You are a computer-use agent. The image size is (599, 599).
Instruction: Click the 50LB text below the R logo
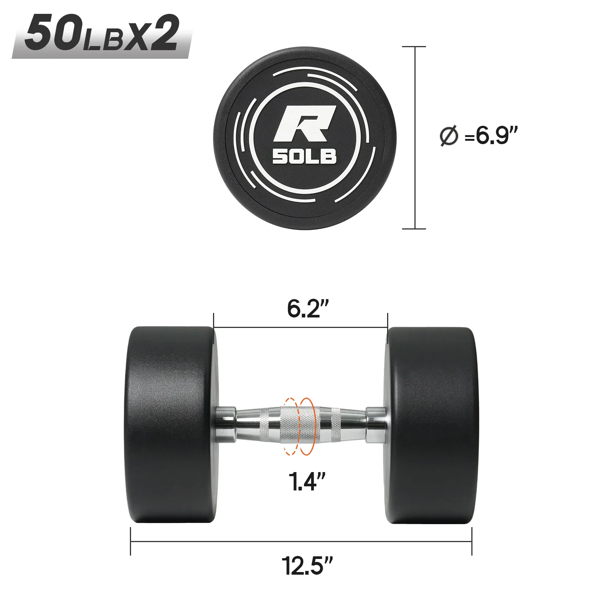pos(304,157)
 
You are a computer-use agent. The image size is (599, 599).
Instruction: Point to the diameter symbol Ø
pos(449,136)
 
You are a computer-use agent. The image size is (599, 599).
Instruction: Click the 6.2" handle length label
pos(307,309)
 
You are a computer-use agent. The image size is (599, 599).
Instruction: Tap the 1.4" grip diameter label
pos(307,481)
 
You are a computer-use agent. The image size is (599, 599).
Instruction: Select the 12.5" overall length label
pos(307,566)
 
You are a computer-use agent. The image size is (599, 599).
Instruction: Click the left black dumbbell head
pos(170,425)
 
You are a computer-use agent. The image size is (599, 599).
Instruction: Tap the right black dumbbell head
pos(431,425)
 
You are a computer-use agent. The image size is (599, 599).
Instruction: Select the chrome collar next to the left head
pos(225,425)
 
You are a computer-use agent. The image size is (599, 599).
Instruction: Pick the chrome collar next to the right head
pos(376,425)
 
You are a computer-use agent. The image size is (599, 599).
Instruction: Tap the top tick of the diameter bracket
pos(414,47)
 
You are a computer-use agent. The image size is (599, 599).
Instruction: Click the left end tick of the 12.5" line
pos(131,541)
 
